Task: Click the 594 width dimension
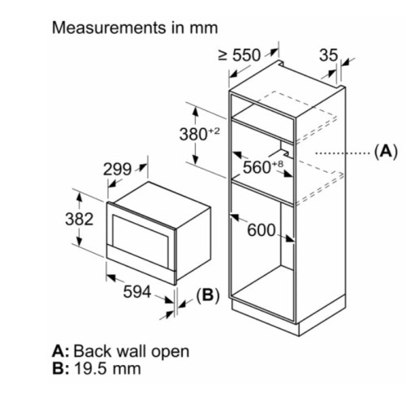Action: [137, 292]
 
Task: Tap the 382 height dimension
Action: [80, 219]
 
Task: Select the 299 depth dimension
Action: [117, 169]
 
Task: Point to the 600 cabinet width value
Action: [261, 230]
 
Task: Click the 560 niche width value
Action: [257, 167]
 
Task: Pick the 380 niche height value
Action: [193, 135]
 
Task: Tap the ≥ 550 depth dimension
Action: [240, 55]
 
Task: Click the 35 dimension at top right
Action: [329, 55]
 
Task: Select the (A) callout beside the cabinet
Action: [386, 152]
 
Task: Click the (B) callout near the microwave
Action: [208, 296]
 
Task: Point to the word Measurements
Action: [109, 28]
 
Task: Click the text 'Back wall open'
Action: [132, 351]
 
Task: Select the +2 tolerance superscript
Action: [214, 131]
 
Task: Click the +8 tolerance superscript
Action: [277, 164]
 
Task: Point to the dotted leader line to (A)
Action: [343, 153]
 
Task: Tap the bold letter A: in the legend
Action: [61, 351]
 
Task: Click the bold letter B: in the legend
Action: [61, 368]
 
